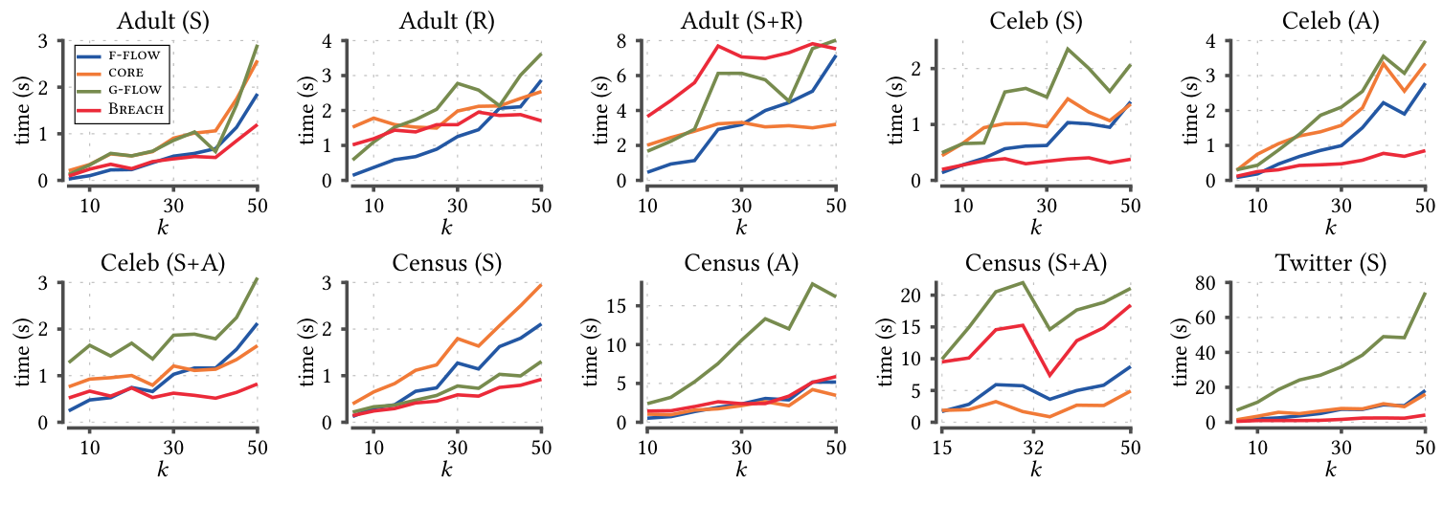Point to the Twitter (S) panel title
pyautogui.click(x=1330, y=263)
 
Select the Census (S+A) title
pyautogui.click(x=1034, y=263)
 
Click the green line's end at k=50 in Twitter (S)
pyautogui.click(x=1425, y=294)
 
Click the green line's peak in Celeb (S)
pyautogui.click(x=1068, y=49)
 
